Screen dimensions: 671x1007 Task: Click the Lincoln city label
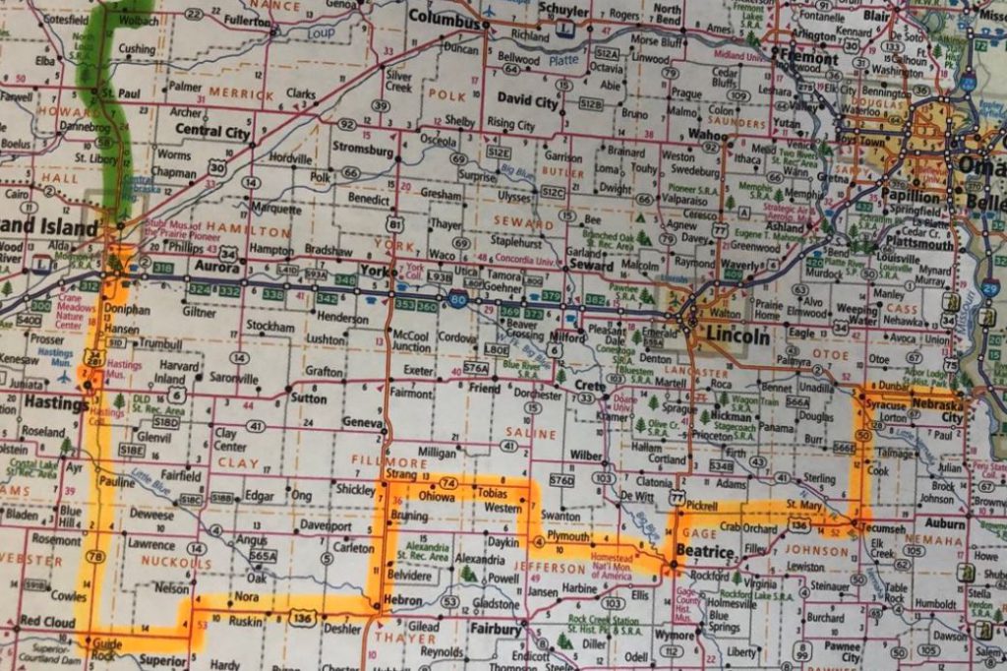pyautogui.click(x=738, y=336)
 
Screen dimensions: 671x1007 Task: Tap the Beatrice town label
pyautogui.click(x=705, y=553)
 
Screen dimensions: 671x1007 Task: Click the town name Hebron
pyautogui.click(x=402, y=601)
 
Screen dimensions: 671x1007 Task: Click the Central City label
pyautogui.click(x=211, y=131)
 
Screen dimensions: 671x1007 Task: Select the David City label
pyautogui.click(x=527, y=100)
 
